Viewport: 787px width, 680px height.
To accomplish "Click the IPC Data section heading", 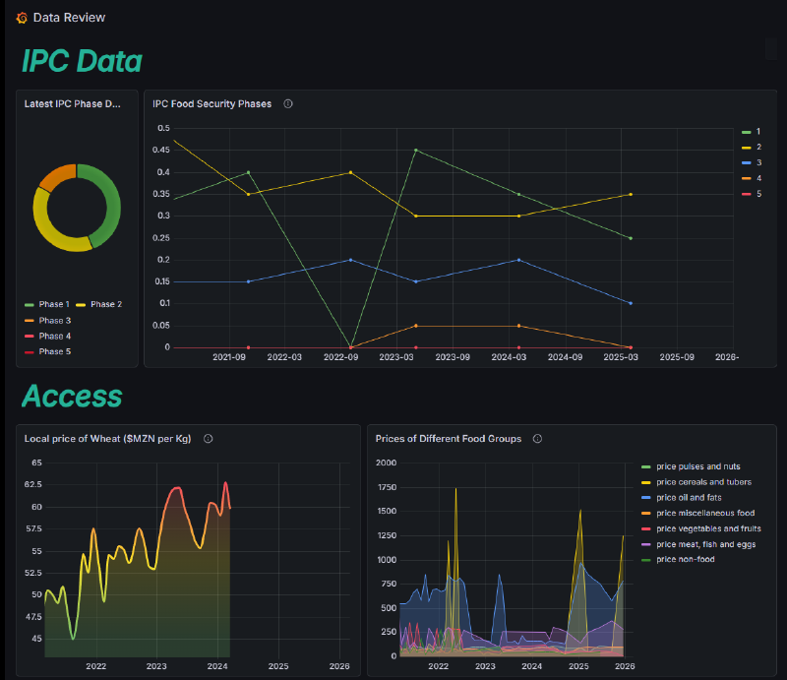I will point(82,61).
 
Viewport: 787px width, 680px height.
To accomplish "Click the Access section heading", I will point(72,396).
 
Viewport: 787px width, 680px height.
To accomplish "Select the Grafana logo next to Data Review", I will point(22,18).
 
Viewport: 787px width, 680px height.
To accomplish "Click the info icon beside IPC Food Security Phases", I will point(287,103).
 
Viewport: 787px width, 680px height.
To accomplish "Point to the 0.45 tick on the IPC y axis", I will point(162,151).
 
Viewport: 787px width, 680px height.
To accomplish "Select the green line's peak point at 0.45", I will point(416,150).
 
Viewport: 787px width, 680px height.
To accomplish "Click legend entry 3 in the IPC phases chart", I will point(758,162).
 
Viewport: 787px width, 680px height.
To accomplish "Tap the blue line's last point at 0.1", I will point(630,303).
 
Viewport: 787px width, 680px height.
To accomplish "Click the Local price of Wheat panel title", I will point(108,439).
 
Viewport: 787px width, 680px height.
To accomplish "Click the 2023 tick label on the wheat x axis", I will point(156,666).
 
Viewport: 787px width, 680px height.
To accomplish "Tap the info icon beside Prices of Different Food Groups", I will point(537,439).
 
